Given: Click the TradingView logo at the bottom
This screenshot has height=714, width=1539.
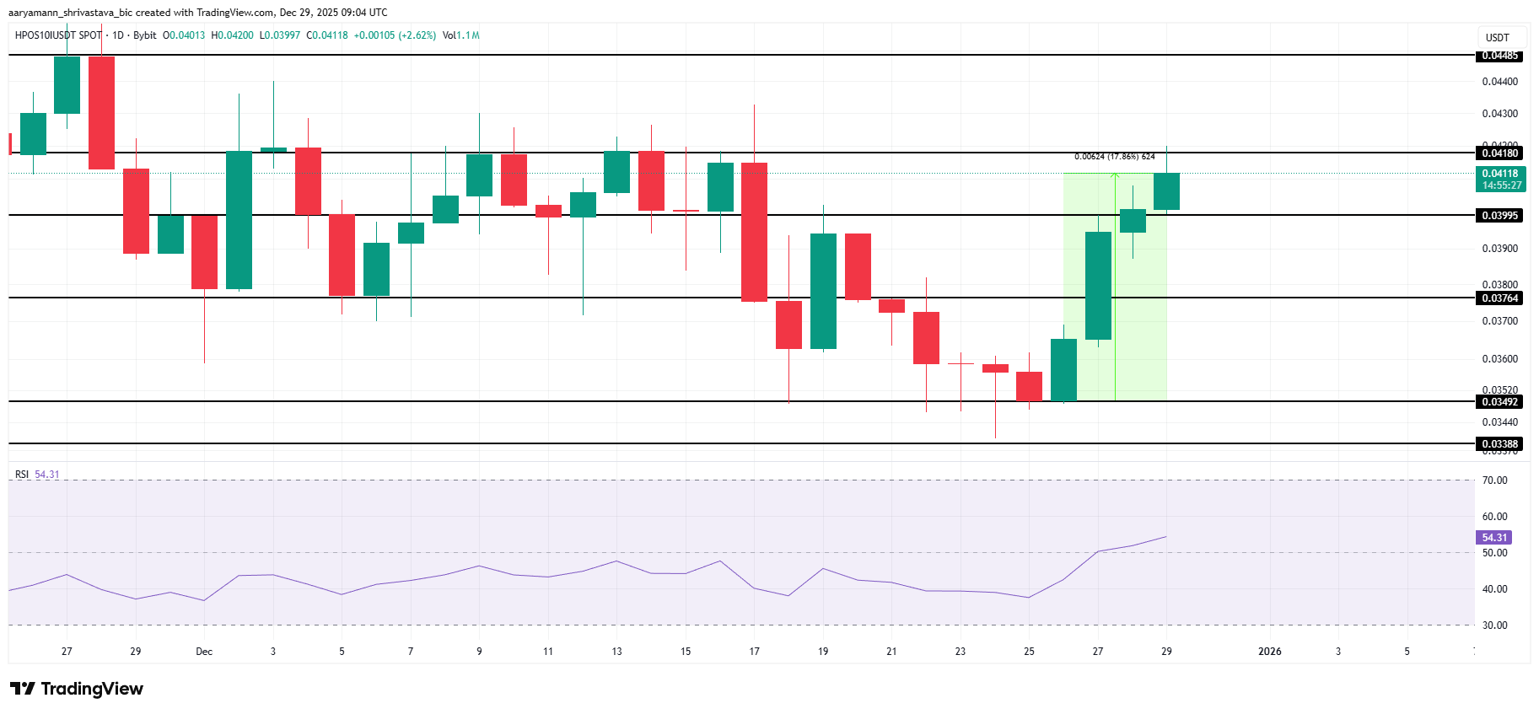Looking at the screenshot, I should [77, 689].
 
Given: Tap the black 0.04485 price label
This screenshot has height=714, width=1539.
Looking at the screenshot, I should [1499, 56].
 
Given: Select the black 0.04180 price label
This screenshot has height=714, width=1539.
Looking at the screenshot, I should [1499, 153].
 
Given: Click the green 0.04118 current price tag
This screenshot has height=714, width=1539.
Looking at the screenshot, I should [1501, 179].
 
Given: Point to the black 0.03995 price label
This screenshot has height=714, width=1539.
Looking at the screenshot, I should [1499, 215].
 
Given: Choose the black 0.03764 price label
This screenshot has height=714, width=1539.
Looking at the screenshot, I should [1499, 298].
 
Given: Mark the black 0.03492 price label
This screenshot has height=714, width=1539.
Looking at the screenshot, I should [1499, 401].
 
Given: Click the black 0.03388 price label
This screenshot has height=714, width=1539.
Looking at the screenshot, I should [1499, 443].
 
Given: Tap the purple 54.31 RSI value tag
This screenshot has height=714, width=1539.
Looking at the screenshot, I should [1494, 537].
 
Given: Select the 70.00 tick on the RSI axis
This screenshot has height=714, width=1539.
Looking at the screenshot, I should [1494, 480].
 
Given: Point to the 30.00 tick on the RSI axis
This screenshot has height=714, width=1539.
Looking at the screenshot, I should [1494, 625].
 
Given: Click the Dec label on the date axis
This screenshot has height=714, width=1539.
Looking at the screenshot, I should [204, 652].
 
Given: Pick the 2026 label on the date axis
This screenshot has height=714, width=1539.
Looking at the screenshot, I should [1269, 652].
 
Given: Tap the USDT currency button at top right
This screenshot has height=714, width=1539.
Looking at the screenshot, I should [1498, 37].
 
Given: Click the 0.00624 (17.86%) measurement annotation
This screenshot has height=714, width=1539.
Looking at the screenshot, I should [1114, 157].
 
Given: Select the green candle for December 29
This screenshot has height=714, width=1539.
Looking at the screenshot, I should [1166, 191].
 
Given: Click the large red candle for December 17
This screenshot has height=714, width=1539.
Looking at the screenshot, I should [754, 232].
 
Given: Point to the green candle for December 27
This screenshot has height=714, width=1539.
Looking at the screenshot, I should [1098, 286].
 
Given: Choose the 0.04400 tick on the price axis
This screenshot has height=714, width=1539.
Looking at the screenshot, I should [1499, 82].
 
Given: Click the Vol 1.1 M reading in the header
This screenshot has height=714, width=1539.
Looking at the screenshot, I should [461, 35].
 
